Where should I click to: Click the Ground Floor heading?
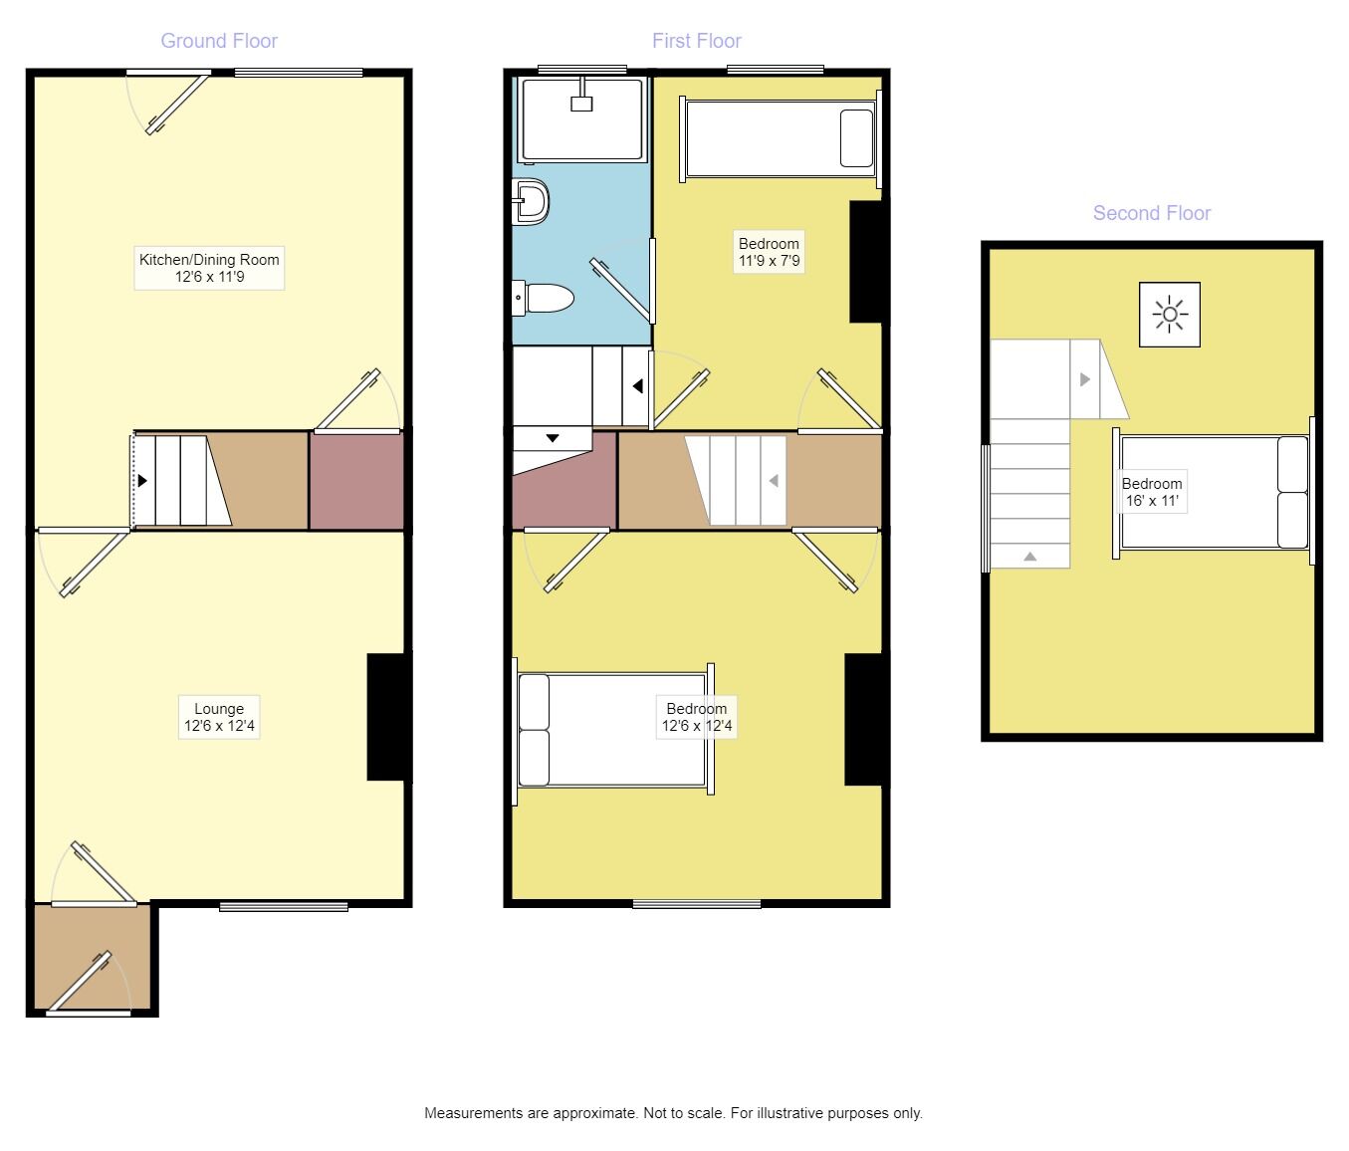pos(219,41)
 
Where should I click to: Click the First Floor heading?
pos(696,41)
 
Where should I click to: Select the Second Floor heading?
pos(1151,213)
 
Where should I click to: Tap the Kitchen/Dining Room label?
pos(209,268)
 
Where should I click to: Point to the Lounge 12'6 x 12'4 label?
pos(219,718)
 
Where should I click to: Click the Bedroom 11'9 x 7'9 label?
pos(769,253)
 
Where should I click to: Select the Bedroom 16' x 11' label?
pos(1152,492)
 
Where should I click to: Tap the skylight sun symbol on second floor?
pos(1170,315)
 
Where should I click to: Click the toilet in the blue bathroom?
pos(545,298)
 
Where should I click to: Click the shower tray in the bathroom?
pos(582,119)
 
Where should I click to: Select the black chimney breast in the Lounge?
pos(388,717)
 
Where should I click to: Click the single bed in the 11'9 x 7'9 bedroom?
pos(780,137)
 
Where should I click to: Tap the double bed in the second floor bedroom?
pos(1213,492)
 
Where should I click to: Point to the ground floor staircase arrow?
pos(143,481)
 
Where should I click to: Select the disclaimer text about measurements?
pos(673,1113)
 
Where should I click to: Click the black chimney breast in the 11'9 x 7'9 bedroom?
pos(866,261)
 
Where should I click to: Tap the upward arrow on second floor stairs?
pos(1030,557)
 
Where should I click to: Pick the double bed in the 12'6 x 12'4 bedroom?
pos(612,730)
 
